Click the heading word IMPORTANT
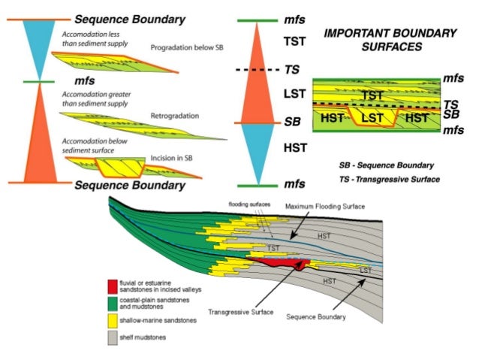pyautogui.click(x=353, y=33)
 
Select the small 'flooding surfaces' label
pyautogui.click(x=245, y=204)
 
